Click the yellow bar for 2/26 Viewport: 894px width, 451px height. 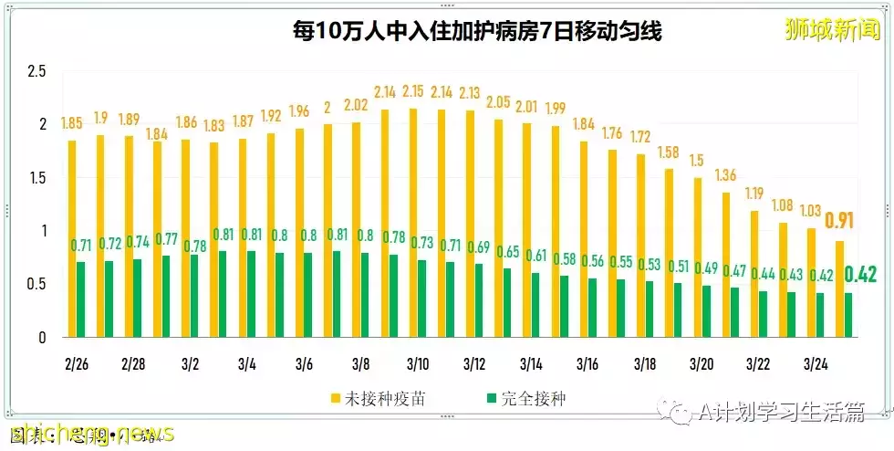coord(72,238)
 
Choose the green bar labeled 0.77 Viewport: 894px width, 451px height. coord(166,296)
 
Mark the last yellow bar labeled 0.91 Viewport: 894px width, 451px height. coord(839,288)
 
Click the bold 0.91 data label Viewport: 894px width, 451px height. coord(840,221)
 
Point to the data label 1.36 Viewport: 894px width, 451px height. coord(727,175)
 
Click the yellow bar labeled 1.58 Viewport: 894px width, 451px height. coord(670,253)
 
